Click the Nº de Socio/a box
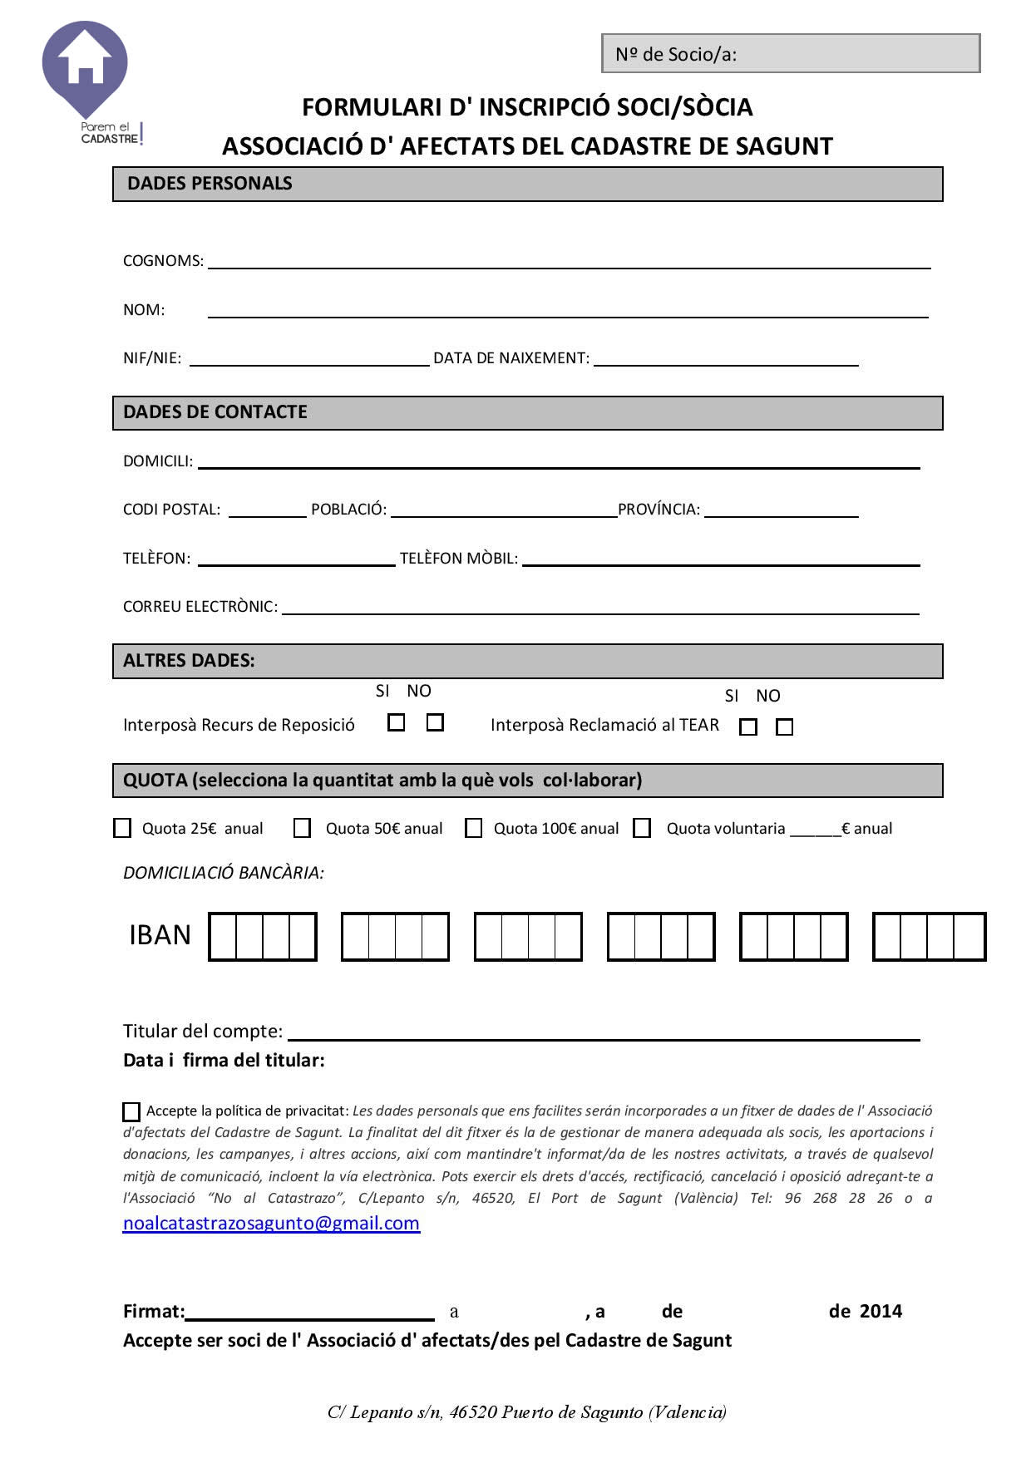pyautogui.click(x=791, y=54)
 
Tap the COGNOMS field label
pyautogui.click(x=163, y=261)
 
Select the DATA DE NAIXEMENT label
pyautogui.click(x=511, y=358)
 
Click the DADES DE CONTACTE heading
pyautogui.click(x=215, y=412)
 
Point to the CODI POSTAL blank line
pyautogui.click(x=267, y=510)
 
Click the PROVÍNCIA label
pyautogui.click(x=659, y=510)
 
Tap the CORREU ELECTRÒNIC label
pyautogui.click(x=200, y=607)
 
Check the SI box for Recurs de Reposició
pyautogui.click(x=397, y=722)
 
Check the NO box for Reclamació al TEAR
pyautogui.click(x=784, y=727)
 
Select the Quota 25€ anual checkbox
pyautogui.click(x=122, y=828)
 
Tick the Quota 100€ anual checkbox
pyautogui.click(x=473, y=828)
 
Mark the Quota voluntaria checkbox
pyautogui.click(x=642, y=828)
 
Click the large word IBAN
pyautogui.click(x=160, y=936)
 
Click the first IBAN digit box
pyautogui.click(x=223, y=937)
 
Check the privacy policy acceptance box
pyautogui.click(x=131, y=1111)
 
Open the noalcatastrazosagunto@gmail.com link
pyautogui.click(x=271, y=1223)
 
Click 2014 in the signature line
pyautogui.click(x=881, y=1312)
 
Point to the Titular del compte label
pyautogui.click(x=203, y=1032)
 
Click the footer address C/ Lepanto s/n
pyautogui.click(x=527, y=1412)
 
